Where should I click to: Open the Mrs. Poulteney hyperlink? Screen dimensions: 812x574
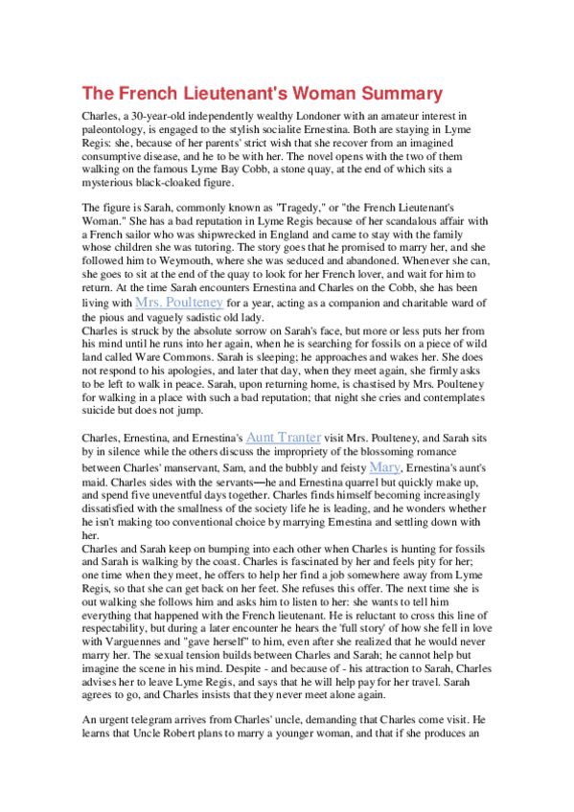click(x=180, y=301)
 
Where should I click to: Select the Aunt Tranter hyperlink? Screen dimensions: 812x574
click(x=287, y=437)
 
